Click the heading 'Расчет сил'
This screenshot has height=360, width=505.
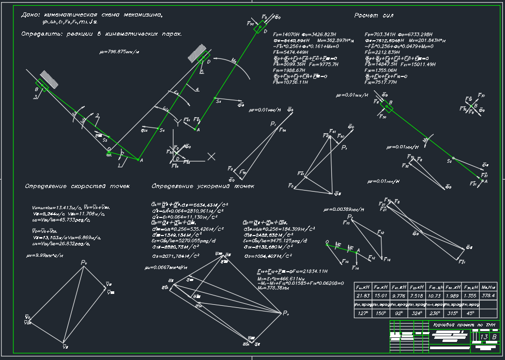[375, 15]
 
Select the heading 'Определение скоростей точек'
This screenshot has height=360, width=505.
[77, 186]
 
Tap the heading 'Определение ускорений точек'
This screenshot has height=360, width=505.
[203, 186]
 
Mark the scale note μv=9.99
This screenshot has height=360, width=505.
[45, 255]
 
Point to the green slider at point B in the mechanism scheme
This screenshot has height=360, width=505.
[41, 86]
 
